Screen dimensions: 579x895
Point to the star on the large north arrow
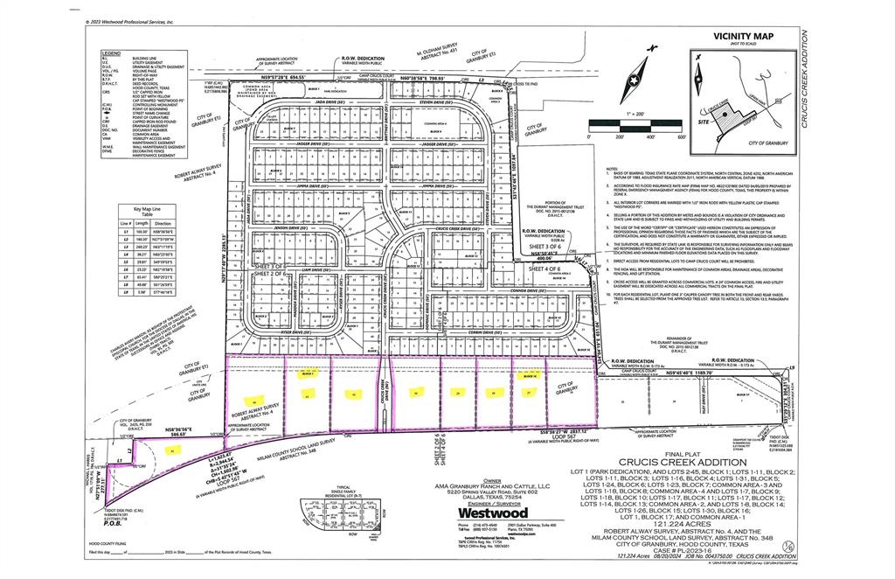pyautogui.click(x=633, y=80)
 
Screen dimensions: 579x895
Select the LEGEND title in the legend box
pyautogui.click(x=112, y=53)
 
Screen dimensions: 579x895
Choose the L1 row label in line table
pyautogui.click(x=126, y=231)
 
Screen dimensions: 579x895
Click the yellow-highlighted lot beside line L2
pyautogui.click(x=172, y=450)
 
